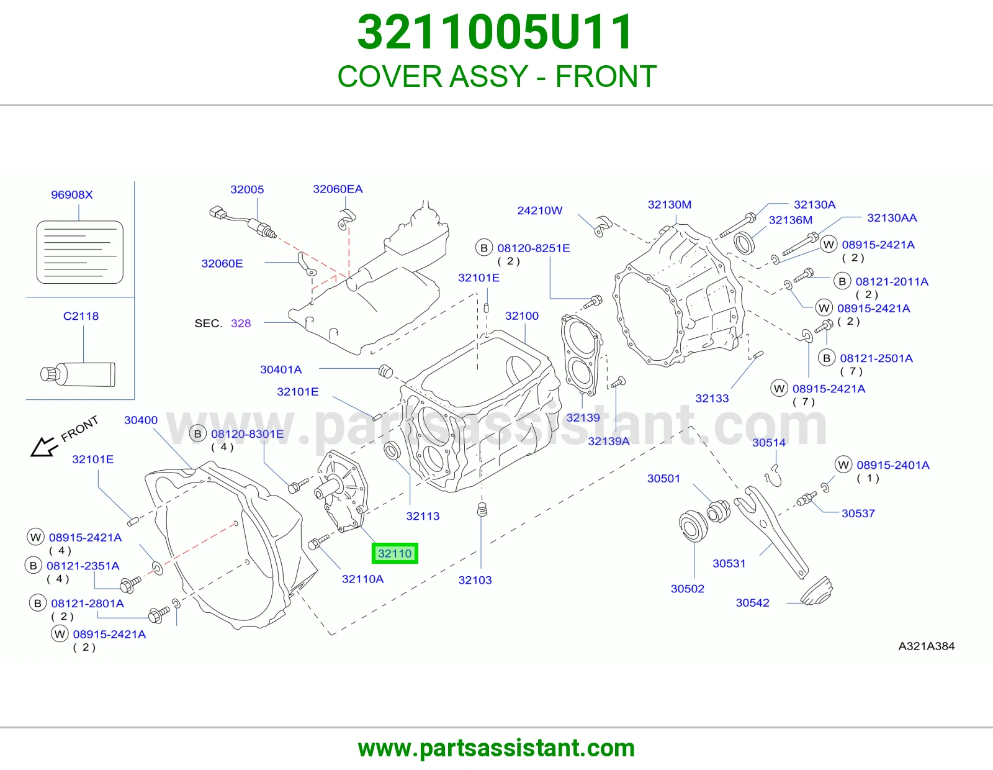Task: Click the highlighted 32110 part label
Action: tap(395, 553)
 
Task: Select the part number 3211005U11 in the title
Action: tap(495, 32)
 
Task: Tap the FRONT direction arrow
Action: tap(44, 446)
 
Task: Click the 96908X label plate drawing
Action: tap(80, 252)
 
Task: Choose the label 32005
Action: tap(247, 189)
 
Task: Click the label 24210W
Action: tap(540, 211)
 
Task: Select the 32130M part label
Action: tap(670, 204)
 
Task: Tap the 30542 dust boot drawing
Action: tap(817, 591)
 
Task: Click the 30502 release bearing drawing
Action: tap(694, 526)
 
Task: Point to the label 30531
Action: tap(729, 563)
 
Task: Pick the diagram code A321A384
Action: tap(926, 646)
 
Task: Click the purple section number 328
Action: tap(241, 324)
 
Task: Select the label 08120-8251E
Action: tap(534, 248)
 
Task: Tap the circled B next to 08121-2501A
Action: tap(826, 358)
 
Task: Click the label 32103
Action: tap(475, 580)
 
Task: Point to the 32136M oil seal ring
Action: tap(745, 243)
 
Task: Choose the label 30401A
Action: tap(281, 369)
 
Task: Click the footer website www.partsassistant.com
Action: tap(496, 748)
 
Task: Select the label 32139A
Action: tap(609, 441)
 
